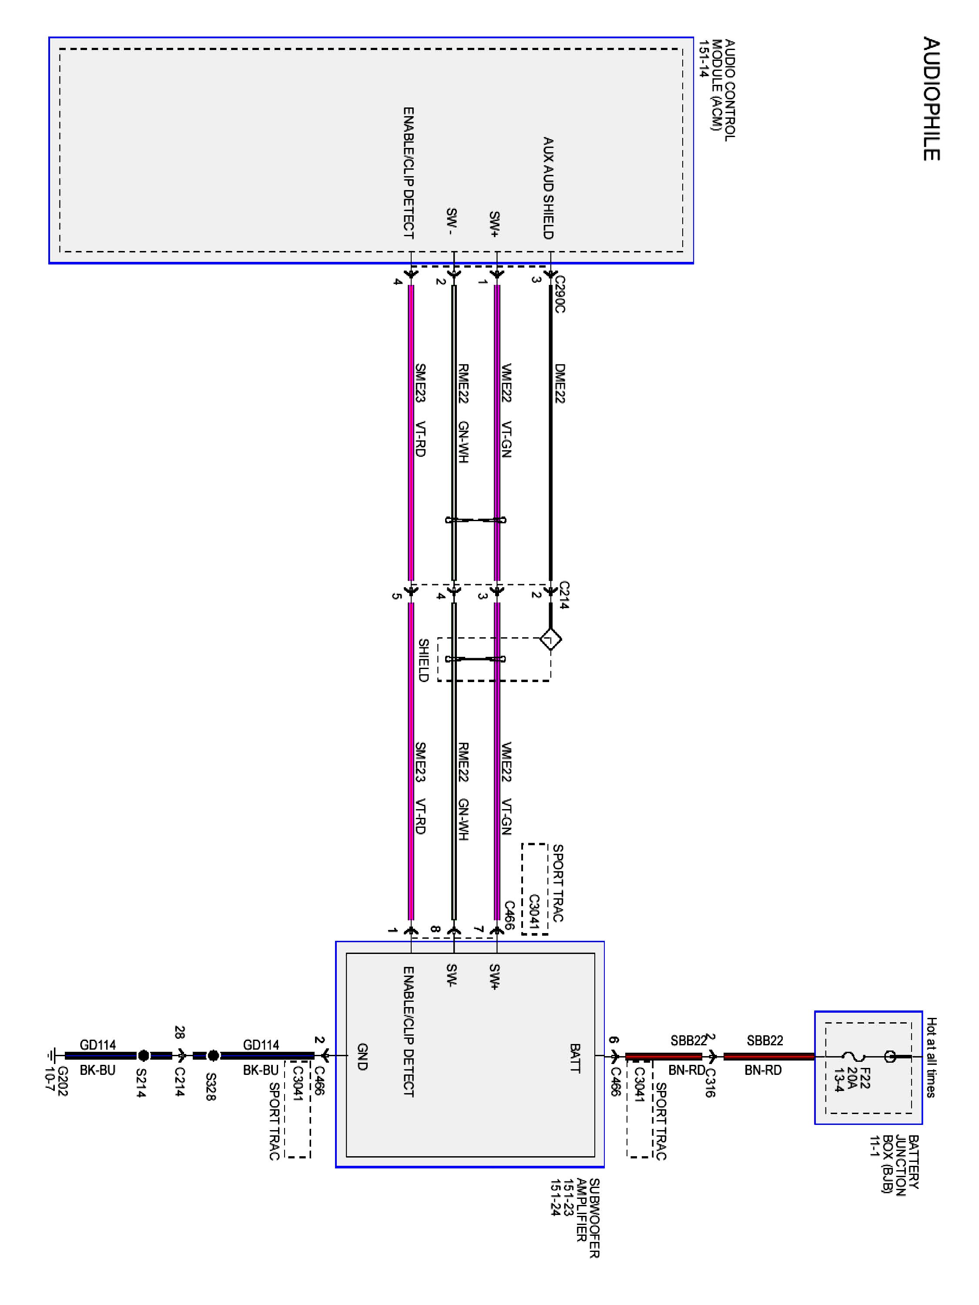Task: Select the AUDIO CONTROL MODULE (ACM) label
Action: pos(717,88)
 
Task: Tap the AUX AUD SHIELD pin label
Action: pos(548,187)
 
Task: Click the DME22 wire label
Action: pos(560,384)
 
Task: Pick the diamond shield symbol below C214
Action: pos(550,639)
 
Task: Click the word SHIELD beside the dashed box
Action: pos(423,660)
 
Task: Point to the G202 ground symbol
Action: pos(53,1056)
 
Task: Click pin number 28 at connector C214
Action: pos(179,1032)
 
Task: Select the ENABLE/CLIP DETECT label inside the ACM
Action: pos(408,173)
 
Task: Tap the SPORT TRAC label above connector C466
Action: pos(557,883)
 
